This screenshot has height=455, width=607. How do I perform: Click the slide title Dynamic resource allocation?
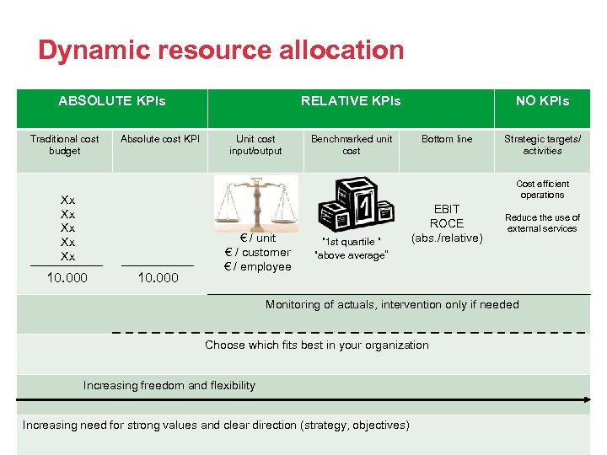[221, 51]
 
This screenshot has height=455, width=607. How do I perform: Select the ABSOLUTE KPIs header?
[112, 101]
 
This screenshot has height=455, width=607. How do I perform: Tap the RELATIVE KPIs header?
[351, 101]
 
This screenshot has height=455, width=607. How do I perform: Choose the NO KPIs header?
[542, 101]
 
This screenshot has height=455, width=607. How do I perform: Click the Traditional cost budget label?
[65, 145]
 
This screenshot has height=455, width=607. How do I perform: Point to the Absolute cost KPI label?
[160, 139]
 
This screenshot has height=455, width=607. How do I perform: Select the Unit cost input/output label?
[255, 145]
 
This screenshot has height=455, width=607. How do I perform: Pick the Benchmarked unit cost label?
[352, 145]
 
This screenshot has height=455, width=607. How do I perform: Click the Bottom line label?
[447, 139]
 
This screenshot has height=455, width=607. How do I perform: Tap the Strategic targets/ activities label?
[542, 145]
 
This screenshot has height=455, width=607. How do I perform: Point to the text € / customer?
[257, 252]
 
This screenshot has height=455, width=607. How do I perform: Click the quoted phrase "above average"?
[351, 255]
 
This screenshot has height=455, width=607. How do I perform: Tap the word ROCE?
[447, 223]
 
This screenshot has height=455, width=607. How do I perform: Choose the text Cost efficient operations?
[542, 190]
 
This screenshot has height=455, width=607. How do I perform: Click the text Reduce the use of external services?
[542, 223]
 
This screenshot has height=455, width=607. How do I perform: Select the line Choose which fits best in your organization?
[317, 345]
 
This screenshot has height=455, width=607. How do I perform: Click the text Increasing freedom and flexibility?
[169, 385]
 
